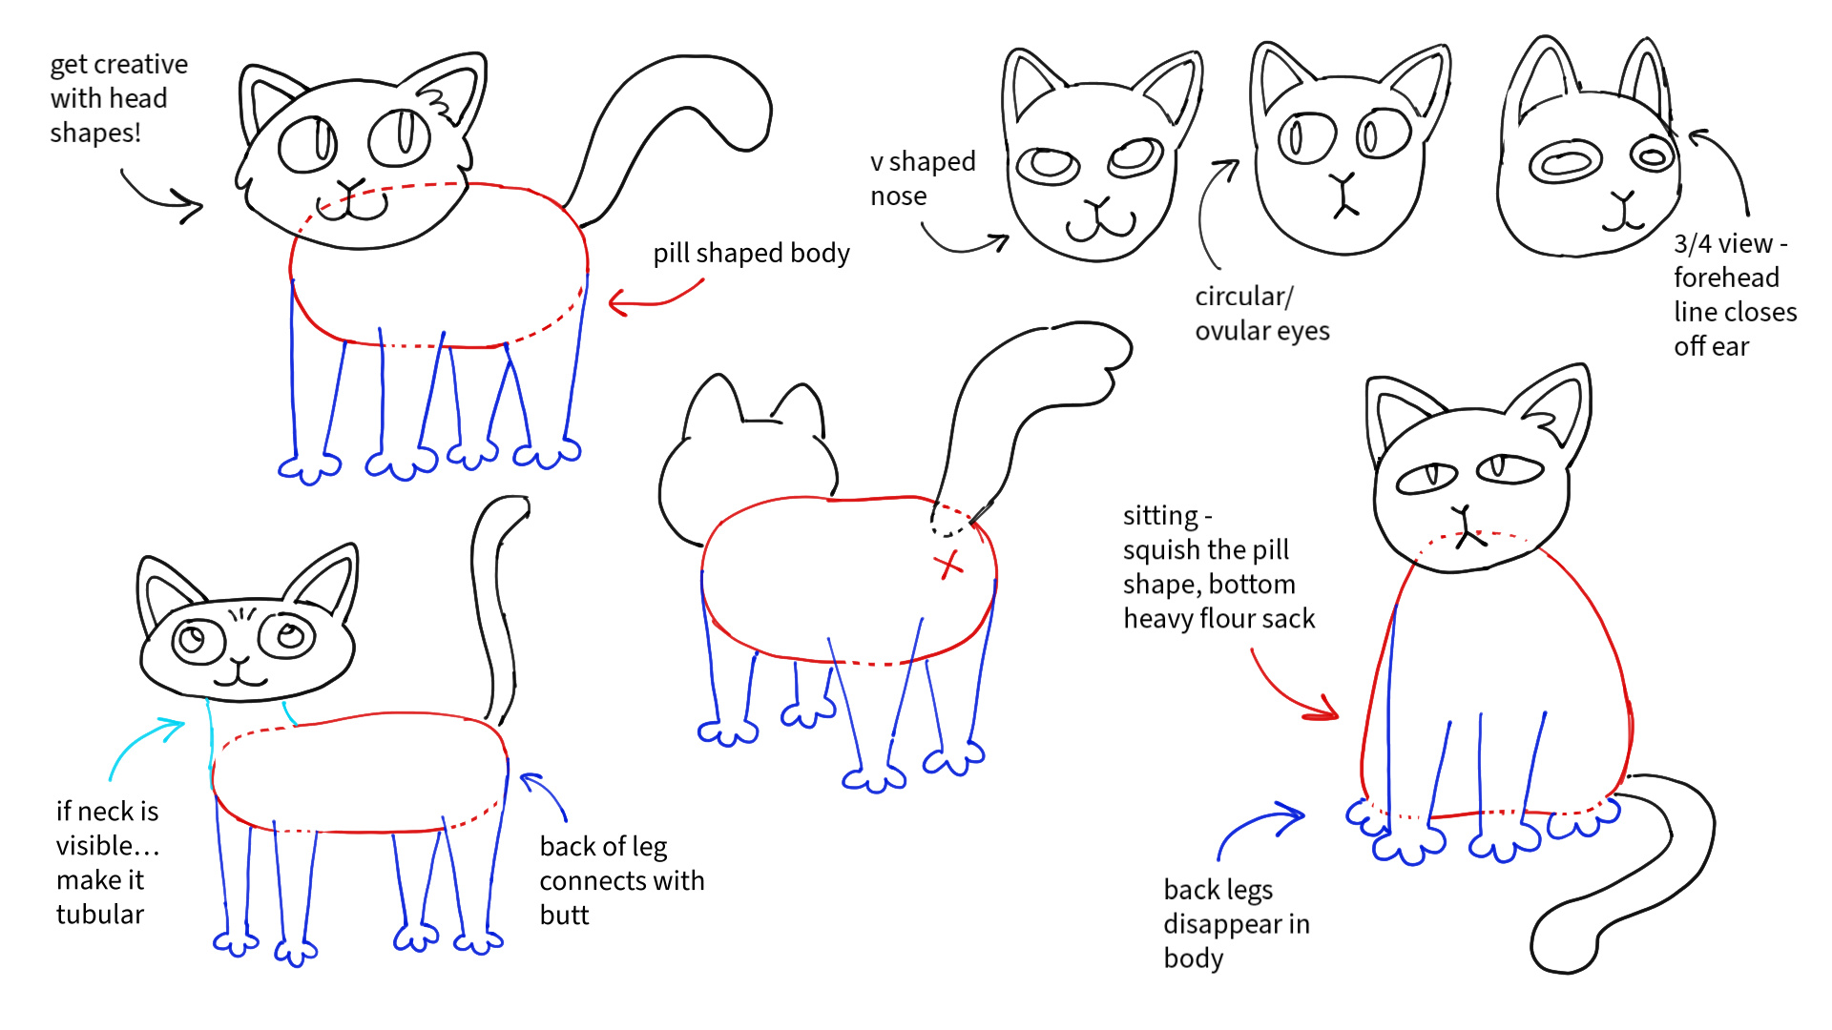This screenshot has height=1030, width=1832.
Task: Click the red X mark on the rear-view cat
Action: pyautogui.click(x=947, y=565)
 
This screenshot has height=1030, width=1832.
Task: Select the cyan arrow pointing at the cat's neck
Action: pyautogui.click(x=143, y=748)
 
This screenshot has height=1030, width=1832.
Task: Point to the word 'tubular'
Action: pyautogui.click(x=100, y=915)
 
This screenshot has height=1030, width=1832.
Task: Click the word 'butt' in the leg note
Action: pyautogui.click(x=564, y=916)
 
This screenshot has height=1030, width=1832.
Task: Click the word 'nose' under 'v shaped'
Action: pyautogui.click(x=898, y=196)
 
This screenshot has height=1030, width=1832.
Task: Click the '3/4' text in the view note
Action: pyautogui.click(x=1692, y=244)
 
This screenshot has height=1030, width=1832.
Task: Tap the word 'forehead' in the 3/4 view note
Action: pyautogui.click(x=1726, y=278)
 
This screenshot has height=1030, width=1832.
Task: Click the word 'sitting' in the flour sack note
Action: pyautogui.click(x=1160, y=516)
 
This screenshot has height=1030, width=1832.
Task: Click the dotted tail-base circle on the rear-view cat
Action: pyautogui.click(x=950, y=520)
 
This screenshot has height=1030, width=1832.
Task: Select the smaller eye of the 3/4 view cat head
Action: pyautogui.click(x=1652, y=155)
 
